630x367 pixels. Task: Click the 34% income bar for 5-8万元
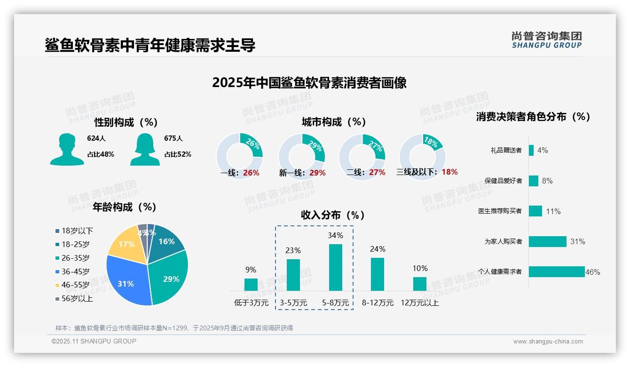tap(335, 267)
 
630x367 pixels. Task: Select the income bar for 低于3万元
tap(251, 285)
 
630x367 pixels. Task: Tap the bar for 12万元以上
tap(419, 284)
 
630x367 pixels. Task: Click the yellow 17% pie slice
tap(126, 244)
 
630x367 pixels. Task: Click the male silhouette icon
tap(67, 149)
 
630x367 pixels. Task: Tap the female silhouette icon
tap(145, 149)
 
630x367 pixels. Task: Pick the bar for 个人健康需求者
tap(556, 271)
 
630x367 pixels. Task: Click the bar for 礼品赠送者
tap(531, 150)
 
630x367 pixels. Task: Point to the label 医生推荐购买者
tap(500, 211)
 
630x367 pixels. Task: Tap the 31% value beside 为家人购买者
tap(577, 241)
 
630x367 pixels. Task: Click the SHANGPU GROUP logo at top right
tap(546, 40)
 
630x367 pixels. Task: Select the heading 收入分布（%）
tap(333, 215)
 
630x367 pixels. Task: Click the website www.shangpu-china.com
tap(548, 342)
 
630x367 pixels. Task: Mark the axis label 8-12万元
tap(378, 303)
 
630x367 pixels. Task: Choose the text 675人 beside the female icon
tap(173, 138)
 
